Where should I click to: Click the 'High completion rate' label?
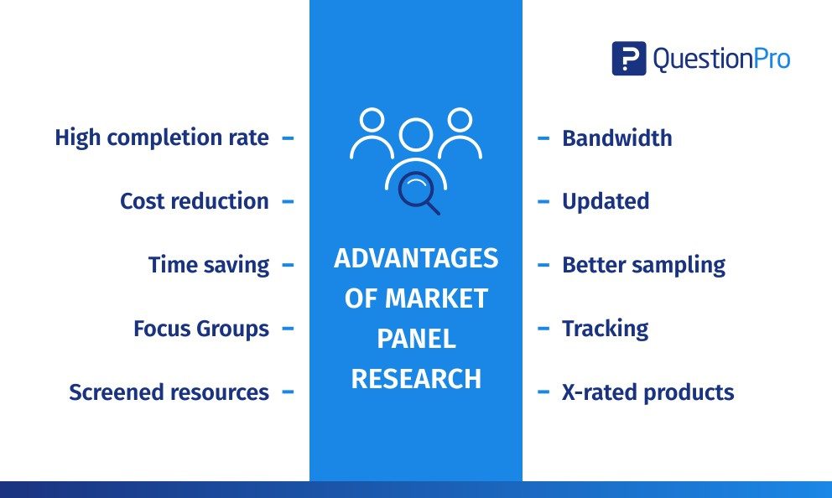(x=162, y=137)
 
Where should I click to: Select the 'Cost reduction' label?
(x=195, y=201)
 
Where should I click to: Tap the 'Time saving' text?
(x=209, y=265)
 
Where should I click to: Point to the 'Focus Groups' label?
(x=201, y=329)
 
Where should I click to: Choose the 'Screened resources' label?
(x=169, y=392)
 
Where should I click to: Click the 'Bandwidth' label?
(x=617, y=137)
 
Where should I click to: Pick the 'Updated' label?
(x=606, y=201)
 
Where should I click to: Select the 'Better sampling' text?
(x=643, y=265)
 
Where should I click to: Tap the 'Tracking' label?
(x=605, y=329)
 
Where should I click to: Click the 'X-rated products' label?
(x=647, y=392)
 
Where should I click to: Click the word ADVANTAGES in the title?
(x=416, y=258)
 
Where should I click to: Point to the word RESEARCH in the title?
(x=416, y=379)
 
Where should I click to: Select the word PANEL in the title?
(x=416, y=339)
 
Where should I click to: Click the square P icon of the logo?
(x=629, y=59)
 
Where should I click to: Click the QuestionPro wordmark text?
(x=721, y=59)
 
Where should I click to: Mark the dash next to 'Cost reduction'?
(x=288, y=201)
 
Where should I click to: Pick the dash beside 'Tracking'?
(x=543, y=329)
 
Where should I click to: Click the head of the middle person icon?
(x=416, y=135)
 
